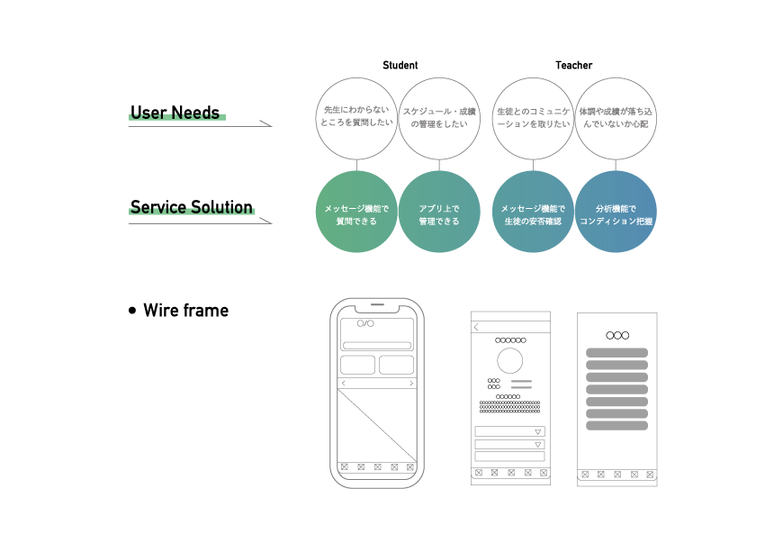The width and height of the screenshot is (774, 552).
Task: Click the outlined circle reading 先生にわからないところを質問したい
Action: pos(356,118)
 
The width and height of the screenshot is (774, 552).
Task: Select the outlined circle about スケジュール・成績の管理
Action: pos(439,118)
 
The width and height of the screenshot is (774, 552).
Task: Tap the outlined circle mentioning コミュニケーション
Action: pos(533,118)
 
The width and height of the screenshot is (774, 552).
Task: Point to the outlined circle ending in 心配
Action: pos(616,118)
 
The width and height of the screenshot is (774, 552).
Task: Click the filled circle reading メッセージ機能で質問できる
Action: pos(356,212)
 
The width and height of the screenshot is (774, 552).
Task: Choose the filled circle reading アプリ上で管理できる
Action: pos(439,212)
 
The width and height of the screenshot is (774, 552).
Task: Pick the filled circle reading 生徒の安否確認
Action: pos(533,212)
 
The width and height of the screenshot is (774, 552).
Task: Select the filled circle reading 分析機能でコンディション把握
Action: pos(616,212)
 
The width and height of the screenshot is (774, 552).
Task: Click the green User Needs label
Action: pos(176,115)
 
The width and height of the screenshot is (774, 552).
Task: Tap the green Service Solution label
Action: pos(192,210)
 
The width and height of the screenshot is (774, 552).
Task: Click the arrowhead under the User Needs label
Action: pos(265,123)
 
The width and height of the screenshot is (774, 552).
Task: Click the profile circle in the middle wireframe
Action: pos(510,360)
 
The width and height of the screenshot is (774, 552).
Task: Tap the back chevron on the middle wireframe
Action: pos(476,328)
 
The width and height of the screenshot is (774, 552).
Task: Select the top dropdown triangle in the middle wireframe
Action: pos(538,432)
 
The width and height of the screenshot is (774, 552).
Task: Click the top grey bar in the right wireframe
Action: pos(616,353)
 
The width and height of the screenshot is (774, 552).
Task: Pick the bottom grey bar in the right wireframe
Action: pos(616,425)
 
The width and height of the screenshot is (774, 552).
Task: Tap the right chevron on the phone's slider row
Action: pos(411,384)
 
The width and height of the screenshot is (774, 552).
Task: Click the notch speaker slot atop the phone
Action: pos(377,304)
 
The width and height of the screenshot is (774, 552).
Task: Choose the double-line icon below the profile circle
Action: pos(521,385)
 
